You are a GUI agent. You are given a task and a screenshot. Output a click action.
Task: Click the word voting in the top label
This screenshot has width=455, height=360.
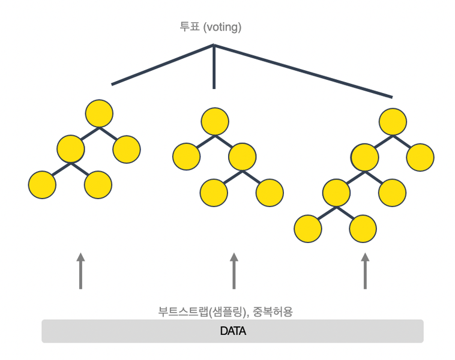pos(221,27)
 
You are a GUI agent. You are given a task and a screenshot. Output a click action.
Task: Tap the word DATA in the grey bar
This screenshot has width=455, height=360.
pos(233,331)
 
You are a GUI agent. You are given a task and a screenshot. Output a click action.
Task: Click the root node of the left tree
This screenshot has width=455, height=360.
pos(99,114)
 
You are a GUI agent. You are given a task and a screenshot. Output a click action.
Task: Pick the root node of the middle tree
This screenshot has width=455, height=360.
pos(215,121)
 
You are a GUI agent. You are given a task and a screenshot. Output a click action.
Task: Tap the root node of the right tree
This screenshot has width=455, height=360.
pos(393,122)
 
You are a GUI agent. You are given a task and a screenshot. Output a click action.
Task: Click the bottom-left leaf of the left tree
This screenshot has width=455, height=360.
pos(42,185)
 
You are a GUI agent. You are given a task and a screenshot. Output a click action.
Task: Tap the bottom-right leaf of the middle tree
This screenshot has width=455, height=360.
pos(270,193)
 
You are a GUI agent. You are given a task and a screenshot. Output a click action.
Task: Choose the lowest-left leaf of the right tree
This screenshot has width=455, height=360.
pos(308,229)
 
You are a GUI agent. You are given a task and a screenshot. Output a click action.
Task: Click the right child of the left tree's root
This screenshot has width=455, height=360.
pos(127,149)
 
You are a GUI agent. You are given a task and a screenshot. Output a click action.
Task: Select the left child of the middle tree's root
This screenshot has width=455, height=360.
pos(186,157)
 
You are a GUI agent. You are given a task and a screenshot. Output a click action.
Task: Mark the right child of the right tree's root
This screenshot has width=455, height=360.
pos(420,157)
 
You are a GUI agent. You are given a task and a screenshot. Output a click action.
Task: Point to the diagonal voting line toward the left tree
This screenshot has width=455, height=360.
pos(162,65)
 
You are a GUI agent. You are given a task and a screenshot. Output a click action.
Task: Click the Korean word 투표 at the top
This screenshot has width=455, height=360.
pos(190,27)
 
